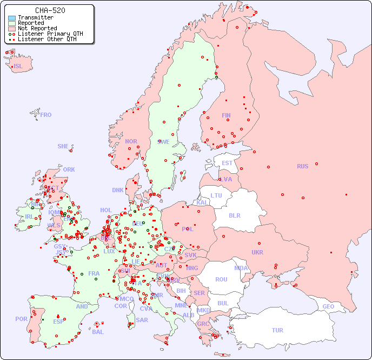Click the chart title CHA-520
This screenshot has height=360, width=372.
click(x=50, y=10)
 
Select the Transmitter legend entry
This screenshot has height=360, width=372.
click(x=35, y=18)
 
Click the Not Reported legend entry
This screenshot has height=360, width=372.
click(x=37, y=29)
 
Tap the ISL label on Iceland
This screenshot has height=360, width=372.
click(x=18, y=67)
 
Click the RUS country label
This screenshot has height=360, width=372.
click(x=302, y=166)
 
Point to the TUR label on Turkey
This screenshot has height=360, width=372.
click(x=277, y=330)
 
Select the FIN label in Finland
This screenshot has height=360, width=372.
click(x=226, y=115)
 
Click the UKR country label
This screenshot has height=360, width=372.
click(x=257, y=252)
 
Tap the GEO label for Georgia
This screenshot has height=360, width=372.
click(x=328, y=307)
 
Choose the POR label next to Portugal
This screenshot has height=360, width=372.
click(x=21, y=319)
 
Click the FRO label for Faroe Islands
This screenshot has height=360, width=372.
click(x=46, y=115)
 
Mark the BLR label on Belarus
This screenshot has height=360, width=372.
click(x=234, y=215)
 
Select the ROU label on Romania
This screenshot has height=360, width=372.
click(x=221, y=279)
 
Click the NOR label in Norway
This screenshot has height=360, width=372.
click(x=131, y=141)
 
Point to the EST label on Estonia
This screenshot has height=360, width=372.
click(x=227, y=163)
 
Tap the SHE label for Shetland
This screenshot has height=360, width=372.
click(x=63, y=146)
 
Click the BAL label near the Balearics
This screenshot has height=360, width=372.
click(x=97, y=332)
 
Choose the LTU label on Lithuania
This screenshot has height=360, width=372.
click(x=216, y=195)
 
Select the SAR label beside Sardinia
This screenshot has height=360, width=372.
click(x=142, y=320)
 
